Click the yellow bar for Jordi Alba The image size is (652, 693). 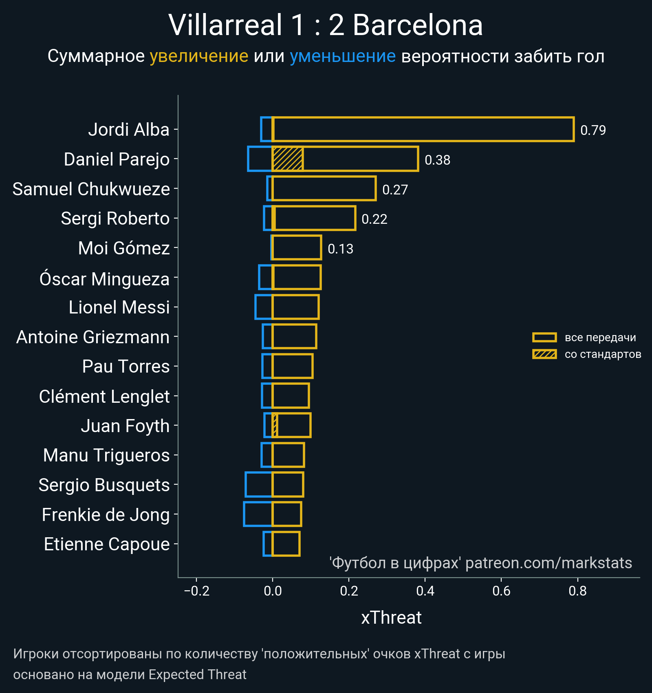(x=423, y=129)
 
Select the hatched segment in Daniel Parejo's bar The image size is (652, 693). (x=288, y=159)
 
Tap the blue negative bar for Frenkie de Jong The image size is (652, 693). (x=258, y=514)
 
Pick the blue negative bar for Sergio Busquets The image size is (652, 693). (x=259, y=485)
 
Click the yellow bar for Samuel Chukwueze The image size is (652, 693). (x=324, y=189)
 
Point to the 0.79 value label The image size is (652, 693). (x=593, y=130)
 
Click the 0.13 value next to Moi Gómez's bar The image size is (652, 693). (x=340, y=249)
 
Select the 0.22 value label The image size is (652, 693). (x=374, y=219)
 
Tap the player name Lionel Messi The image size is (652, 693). (x=119, y=307)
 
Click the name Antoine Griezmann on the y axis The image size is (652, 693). (x=93, y=337)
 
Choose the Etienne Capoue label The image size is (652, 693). (x=107, y=544)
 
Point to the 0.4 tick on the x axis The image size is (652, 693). (x=425, y=591)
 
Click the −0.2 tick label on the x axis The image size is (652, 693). (x=196, y=591)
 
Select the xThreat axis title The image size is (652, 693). (x=391, y=618)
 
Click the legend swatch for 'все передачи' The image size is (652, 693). (x=544, y=338)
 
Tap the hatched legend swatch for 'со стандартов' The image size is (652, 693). (x=544, y=354)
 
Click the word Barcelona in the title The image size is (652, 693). (x=418, y=25)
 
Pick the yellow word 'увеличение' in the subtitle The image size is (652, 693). (x=199, y=56)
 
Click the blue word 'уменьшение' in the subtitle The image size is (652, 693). (x=342, y=56)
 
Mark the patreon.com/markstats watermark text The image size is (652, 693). (x=548, y=563)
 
